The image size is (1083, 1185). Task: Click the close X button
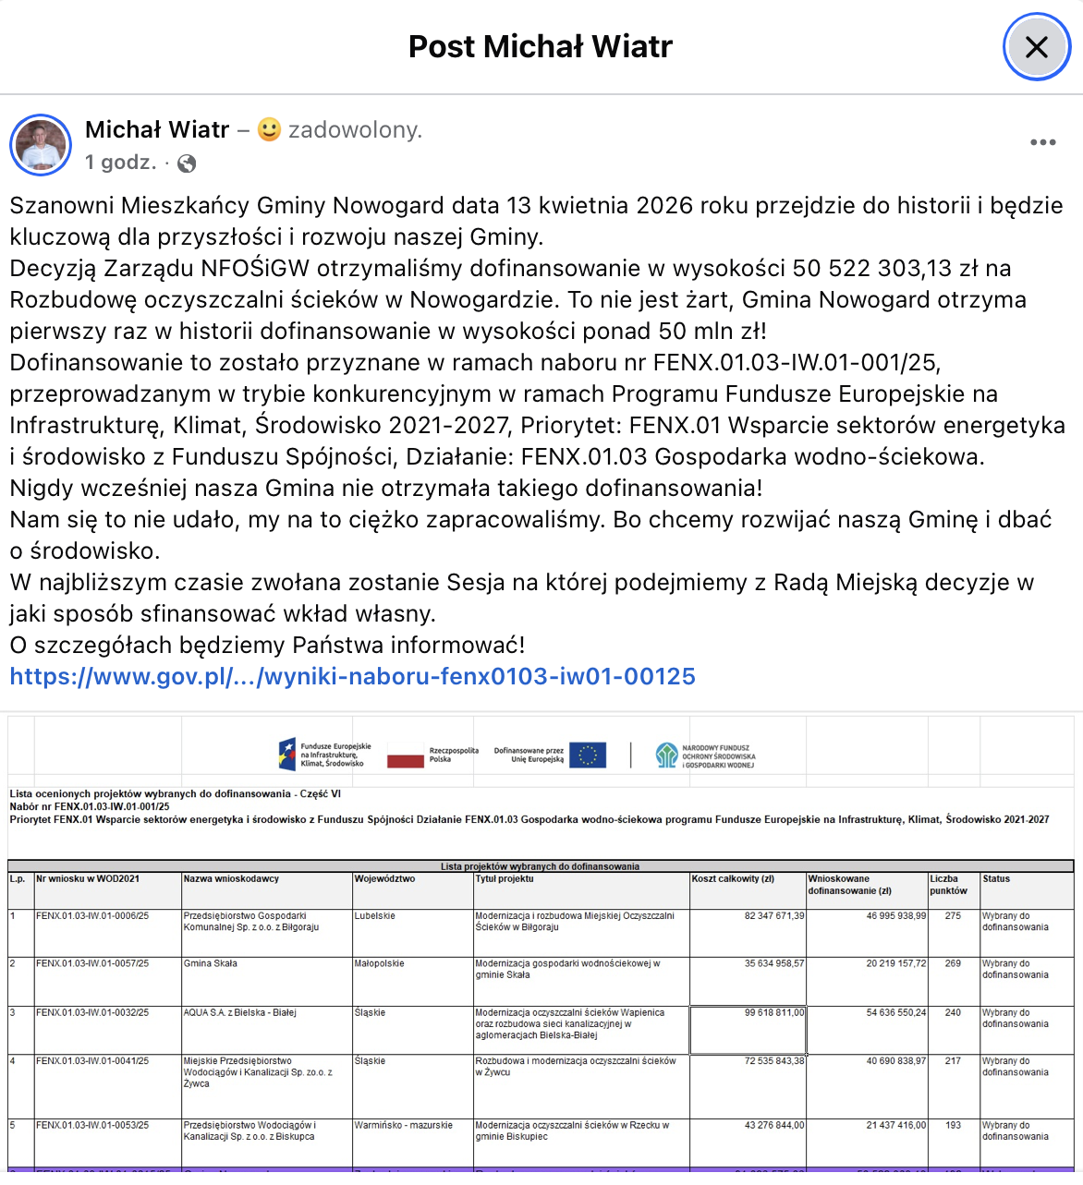click(x=1036, y=47)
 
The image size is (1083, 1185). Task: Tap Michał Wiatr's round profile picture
click(x=41, y=145)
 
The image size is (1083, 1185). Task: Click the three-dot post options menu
click(x=1042, y=142)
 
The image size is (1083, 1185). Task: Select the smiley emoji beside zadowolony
click(x=269, y=130)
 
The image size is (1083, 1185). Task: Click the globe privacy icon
click(x=187, y=163)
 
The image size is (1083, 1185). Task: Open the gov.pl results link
click(x=352, y=676)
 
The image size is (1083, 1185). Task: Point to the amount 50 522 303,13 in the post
click(x=871, y=269)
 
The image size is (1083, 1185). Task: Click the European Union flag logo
click(x=588, y=755)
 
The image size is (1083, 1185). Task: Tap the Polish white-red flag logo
click(x=405, y=756)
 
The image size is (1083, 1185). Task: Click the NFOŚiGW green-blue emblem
click(x=666, y=755)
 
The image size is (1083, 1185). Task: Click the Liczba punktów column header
click(x=948, y=885)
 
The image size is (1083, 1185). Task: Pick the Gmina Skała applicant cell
click(x=211, y=963)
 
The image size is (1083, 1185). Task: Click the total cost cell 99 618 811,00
click(x=774, y=1012)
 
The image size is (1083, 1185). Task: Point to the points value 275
click(x=953, y=916)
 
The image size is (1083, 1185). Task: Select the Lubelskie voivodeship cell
click(x=375, y=916)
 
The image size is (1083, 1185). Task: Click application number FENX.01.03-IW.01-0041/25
click(x=92, y=1061)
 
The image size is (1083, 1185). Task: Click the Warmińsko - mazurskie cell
click(x=404, y=1125)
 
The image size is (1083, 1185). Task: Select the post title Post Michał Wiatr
click(x=541, y=46)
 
